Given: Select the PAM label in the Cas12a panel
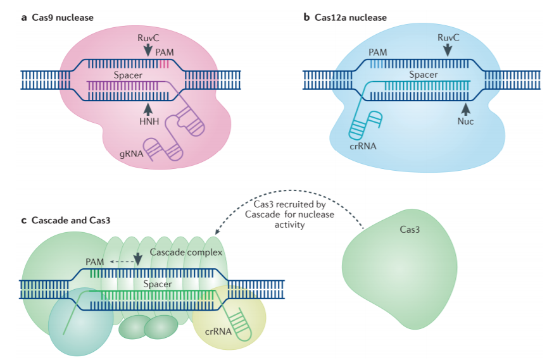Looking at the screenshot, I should coord(379,52).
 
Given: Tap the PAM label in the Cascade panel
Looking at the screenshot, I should coord(95,261).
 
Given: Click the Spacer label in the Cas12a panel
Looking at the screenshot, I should coord(424,75).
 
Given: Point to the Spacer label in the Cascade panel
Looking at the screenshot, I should coord(157,284).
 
